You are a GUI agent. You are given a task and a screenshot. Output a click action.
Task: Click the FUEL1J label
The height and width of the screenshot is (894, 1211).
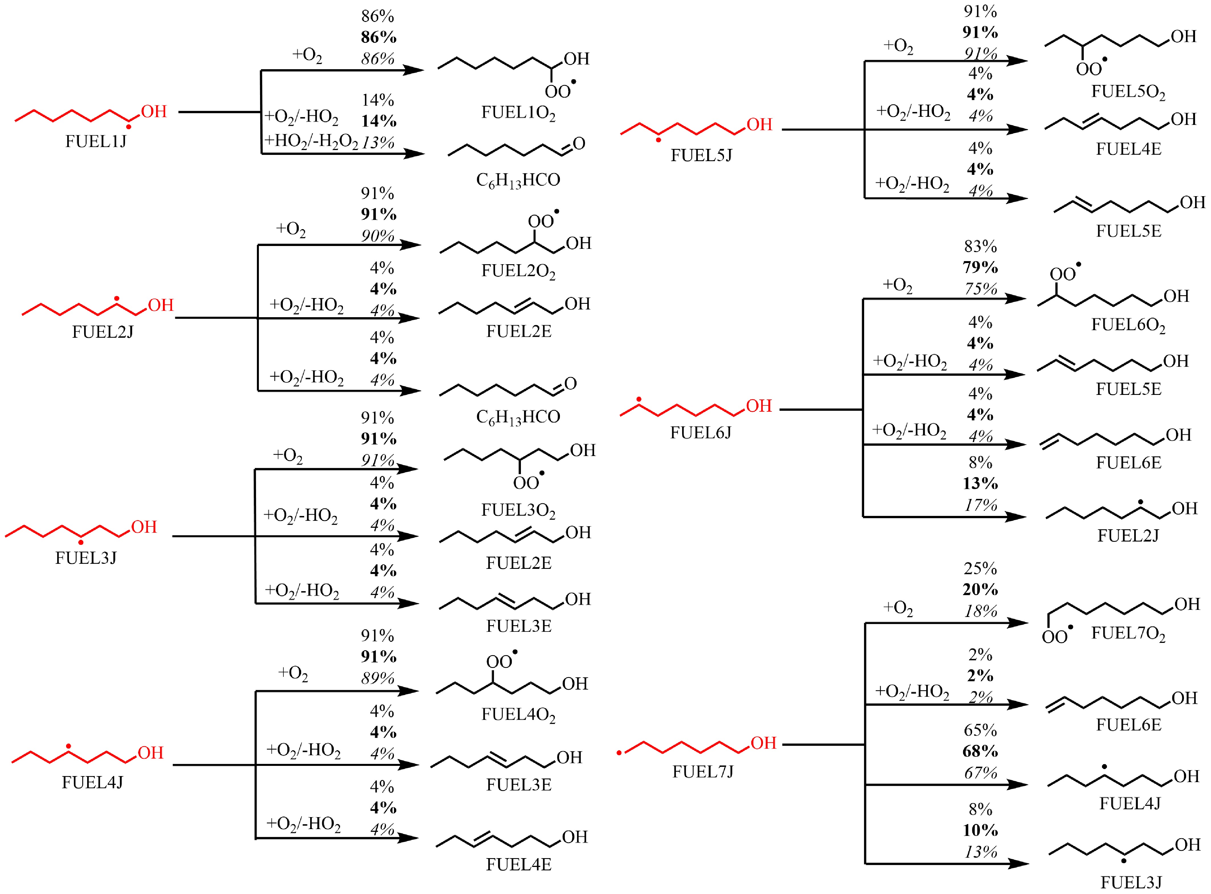point(96,141)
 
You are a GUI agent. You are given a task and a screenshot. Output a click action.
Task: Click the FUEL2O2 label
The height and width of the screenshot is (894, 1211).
point(518,271)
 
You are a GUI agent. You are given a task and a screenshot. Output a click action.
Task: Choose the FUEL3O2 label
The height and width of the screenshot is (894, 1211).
point(518,510)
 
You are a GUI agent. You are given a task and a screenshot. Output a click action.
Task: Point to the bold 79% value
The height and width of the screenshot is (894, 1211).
point(980,267)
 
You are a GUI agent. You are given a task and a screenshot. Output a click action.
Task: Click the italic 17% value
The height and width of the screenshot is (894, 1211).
point(980,505)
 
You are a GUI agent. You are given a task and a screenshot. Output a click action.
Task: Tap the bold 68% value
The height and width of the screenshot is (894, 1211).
point(980,751)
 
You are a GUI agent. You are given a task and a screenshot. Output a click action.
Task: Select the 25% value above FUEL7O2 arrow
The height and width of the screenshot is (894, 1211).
point(980,568)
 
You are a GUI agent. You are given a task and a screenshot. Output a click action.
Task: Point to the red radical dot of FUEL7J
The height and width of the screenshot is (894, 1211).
point(619,753)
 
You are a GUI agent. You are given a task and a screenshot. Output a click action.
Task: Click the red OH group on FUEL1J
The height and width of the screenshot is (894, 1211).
point(154,112)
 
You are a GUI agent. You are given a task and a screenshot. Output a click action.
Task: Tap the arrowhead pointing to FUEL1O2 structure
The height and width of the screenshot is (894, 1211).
point(414,70)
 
